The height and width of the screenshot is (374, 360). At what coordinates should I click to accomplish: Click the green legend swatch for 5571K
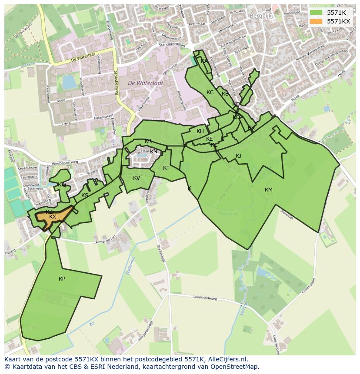[316, 13]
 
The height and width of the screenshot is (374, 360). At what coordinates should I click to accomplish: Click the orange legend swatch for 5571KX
[316, 21]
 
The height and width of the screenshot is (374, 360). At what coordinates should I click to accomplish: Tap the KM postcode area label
[268, 190]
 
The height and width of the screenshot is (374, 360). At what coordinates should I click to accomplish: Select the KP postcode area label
[62, 279]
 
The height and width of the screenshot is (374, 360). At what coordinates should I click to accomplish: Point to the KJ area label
[238, 156]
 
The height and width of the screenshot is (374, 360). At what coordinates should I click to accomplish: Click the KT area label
[166, 168]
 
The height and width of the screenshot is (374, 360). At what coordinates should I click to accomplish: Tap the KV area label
[137, 178]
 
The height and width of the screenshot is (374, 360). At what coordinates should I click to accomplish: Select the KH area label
[200, 131]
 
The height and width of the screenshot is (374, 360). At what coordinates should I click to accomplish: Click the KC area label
[210, 93]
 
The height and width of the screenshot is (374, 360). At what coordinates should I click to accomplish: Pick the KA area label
[204, 61]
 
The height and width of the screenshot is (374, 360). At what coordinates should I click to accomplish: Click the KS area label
[85, 195]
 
